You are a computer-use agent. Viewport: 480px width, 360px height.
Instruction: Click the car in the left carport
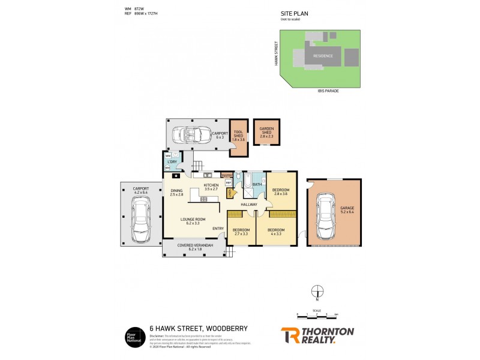click(142, 221)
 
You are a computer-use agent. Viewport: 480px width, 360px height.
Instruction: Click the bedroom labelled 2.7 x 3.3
click(241, 232)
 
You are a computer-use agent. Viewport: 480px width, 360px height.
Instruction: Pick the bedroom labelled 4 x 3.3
click(276, 232)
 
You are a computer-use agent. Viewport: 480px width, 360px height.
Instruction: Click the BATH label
click(257, 185)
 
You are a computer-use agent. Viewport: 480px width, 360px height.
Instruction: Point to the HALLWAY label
click(249, 205)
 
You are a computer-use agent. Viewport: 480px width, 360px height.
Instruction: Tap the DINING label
click(175, 193)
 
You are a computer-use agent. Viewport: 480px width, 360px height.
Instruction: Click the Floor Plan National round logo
click(133, 336)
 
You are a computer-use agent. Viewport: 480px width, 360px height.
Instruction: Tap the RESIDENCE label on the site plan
click(323, 56)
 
